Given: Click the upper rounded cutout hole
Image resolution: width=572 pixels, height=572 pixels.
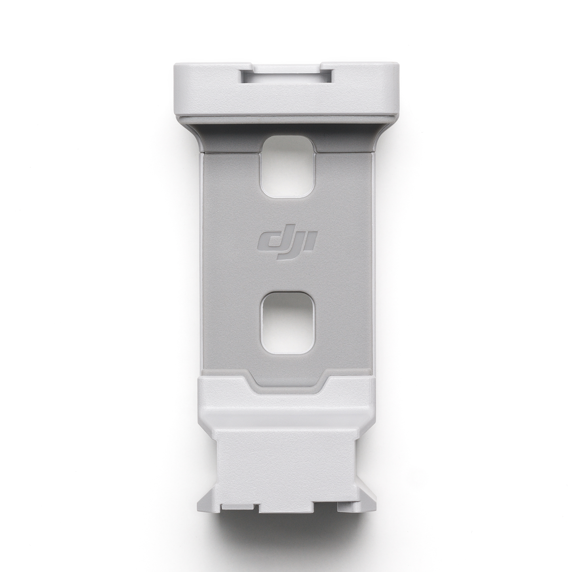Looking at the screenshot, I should point(288,169).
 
